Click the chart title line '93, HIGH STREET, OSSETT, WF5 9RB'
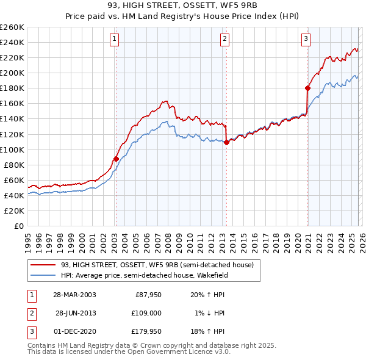(x=182, y=7)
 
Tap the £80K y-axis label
(x=14, y=165)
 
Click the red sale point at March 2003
(x=116, y=159)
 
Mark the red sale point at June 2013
(x=226, y=142)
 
